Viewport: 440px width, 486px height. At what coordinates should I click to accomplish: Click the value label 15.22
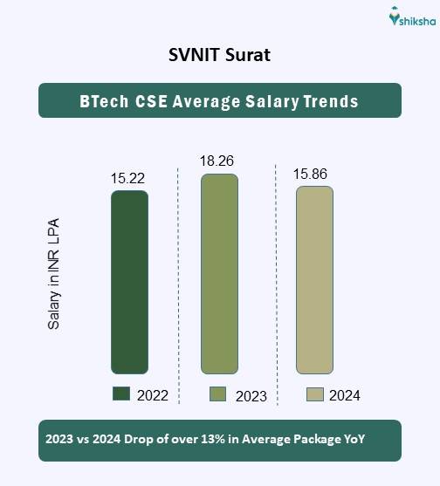point(127,178)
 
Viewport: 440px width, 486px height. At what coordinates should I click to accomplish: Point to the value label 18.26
point(218,161)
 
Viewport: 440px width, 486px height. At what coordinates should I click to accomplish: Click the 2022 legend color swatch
point(121,394)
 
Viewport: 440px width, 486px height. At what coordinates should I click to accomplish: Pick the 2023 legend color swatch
point(218,394)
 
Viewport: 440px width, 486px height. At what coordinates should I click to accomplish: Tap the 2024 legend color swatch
point(314,394)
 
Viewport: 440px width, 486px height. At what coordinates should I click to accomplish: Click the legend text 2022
point(153,395)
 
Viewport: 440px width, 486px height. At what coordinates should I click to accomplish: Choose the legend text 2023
point(251,395)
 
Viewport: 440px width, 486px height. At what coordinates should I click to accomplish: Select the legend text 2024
point(344,395)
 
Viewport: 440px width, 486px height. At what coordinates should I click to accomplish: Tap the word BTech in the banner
point(101,101)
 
